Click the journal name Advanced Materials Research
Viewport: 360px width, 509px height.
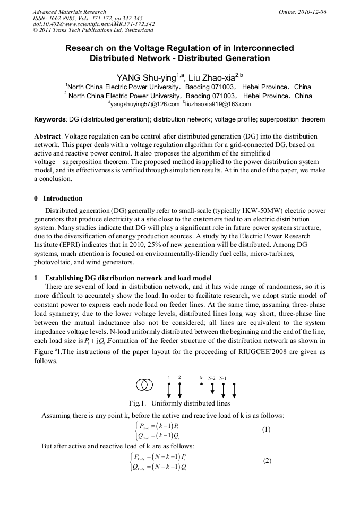point(69,11)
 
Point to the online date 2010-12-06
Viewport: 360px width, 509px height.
point(312,11)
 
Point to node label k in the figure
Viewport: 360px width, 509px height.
point(201,377)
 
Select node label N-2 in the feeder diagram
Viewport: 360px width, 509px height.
point(212,378)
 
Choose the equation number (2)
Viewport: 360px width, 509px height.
point(267,460)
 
